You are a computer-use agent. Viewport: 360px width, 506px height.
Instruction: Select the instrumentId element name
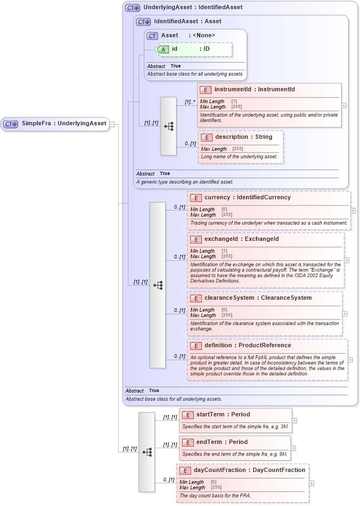[254, 90]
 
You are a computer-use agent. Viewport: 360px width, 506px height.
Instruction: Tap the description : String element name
[243, 137]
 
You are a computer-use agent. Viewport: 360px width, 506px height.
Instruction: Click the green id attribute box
[194, 49]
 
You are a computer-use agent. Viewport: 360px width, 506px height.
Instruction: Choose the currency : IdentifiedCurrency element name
[247, 198]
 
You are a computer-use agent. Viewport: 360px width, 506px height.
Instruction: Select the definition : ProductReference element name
[247, 346]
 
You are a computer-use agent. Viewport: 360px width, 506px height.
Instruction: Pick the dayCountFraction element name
[249, 470]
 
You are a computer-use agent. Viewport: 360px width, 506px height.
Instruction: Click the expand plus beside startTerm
[294, 420]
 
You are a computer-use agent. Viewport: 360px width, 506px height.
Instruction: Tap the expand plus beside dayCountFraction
[311, 483]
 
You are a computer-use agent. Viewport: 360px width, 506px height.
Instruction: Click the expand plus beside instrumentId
[344, 105]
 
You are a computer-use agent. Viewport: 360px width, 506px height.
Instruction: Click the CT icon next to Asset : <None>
[152, 36]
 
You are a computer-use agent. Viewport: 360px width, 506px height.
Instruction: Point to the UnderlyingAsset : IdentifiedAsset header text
[193, 8]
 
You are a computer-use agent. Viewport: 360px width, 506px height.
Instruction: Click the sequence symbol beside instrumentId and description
[168, 126]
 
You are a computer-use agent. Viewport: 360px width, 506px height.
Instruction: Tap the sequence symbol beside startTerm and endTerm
[147, 452]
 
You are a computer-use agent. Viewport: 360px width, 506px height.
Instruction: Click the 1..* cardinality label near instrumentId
[189, 102]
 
